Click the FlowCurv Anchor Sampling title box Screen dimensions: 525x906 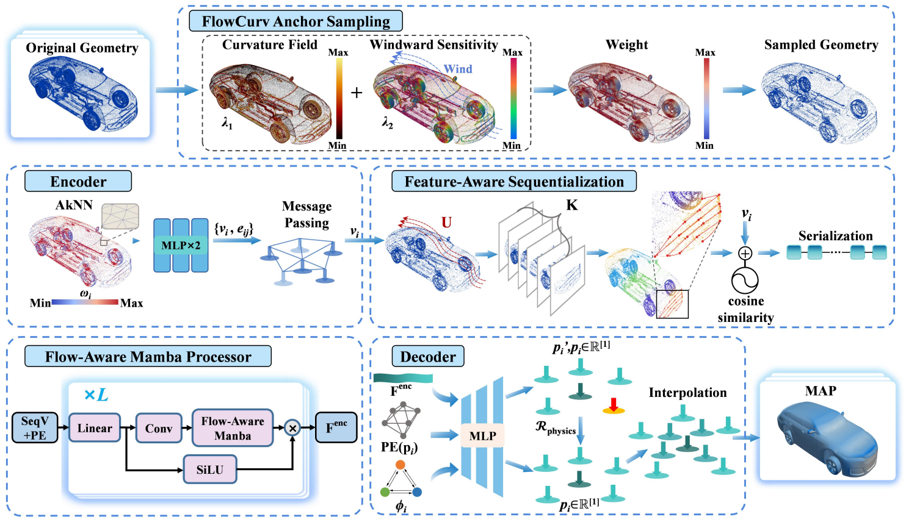point(295,21)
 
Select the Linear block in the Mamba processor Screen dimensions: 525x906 point(95,428)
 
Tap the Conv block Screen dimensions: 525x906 point(159,429)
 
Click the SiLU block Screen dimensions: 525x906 point(209,470)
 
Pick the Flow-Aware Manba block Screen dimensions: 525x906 point(233,428)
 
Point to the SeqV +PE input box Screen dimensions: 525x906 point(35,428)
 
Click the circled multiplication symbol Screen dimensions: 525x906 point(292,428)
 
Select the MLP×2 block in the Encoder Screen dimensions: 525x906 point(181,245)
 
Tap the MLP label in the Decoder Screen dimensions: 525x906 point(482,436)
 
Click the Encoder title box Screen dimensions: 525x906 point(78,182)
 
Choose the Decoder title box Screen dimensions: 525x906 point(428,357)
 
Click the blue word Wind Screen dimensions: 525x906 point(458,69)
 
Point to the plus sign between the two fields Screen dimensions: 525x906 point(357,93)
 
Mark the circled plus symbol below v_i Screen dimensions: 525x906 point(745,253)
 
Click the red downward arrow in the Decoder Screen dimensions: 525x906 point(614,404)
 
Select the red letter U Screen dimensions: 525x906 point(446,223)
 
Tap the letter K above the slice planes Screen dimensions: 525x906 point(571,205)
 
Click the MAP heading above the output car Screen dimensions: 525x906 point(821,391)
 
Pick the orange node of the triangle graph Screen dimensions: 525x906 point(400,465)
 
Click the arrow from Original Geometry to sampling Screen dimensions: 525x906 point(176,90)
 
